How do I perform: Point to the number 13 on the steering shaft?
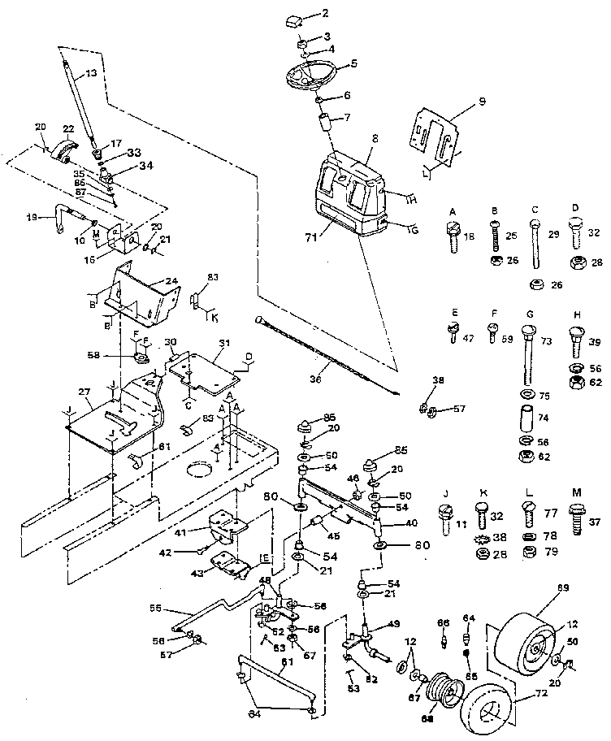pyautogui.click(x=90, y=73)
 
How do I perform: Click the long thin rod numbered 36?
pyautogui.click(x=325, y=354)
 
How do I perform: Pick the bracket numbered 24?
pyautogui.click(x=146, y=293)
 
